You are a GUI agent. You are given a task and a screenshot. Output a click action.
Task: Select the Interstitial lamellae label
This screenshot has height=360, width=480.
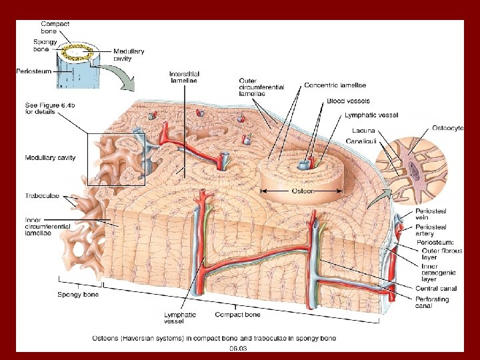185,77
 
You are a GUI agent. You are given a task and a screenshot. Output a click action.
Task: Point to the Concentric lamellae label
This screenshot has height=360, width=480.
335,85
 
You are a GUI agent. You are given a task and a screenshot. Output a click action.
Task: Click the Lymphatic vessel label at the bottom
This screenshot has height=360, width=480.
180,318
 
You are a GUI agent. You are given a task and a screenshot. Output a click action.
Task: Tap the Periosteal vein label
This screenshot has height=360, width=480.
431,215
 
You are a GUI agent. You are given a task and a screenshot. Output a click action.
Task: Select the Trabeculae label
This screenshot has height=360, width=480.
43,196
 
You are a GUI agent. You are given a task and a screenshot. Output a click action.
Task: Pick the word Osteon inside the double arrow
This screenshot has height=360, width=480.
303,191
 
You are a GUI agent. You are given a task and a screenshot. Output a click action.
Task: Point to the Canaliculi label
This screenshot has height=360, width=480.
361,141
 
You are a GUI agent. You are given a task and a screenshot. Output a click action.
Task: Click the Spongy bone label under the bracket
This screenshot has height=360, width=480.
78,294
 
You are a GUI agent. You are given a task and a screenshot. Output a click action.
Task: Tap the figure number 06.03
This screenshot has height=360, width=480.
239,347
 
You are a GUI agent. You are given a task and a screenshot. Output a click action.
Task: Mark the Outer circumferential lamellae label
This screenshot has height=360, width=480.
261,87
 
